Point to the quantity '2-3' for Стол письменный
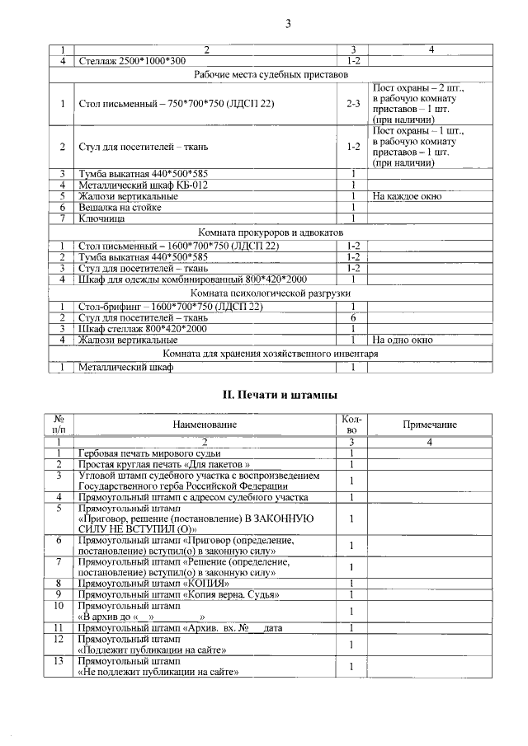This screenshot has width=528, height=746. (353, 104)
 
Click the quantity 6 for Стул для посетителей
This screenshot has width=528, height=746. (353, 317)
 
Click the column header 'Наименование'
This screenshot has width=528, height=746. (205, 424)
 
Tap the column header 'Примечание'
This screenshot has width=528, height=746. (430, 424)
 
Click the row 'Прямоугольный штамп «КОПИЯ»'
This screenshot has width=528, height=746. (141, 584)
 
